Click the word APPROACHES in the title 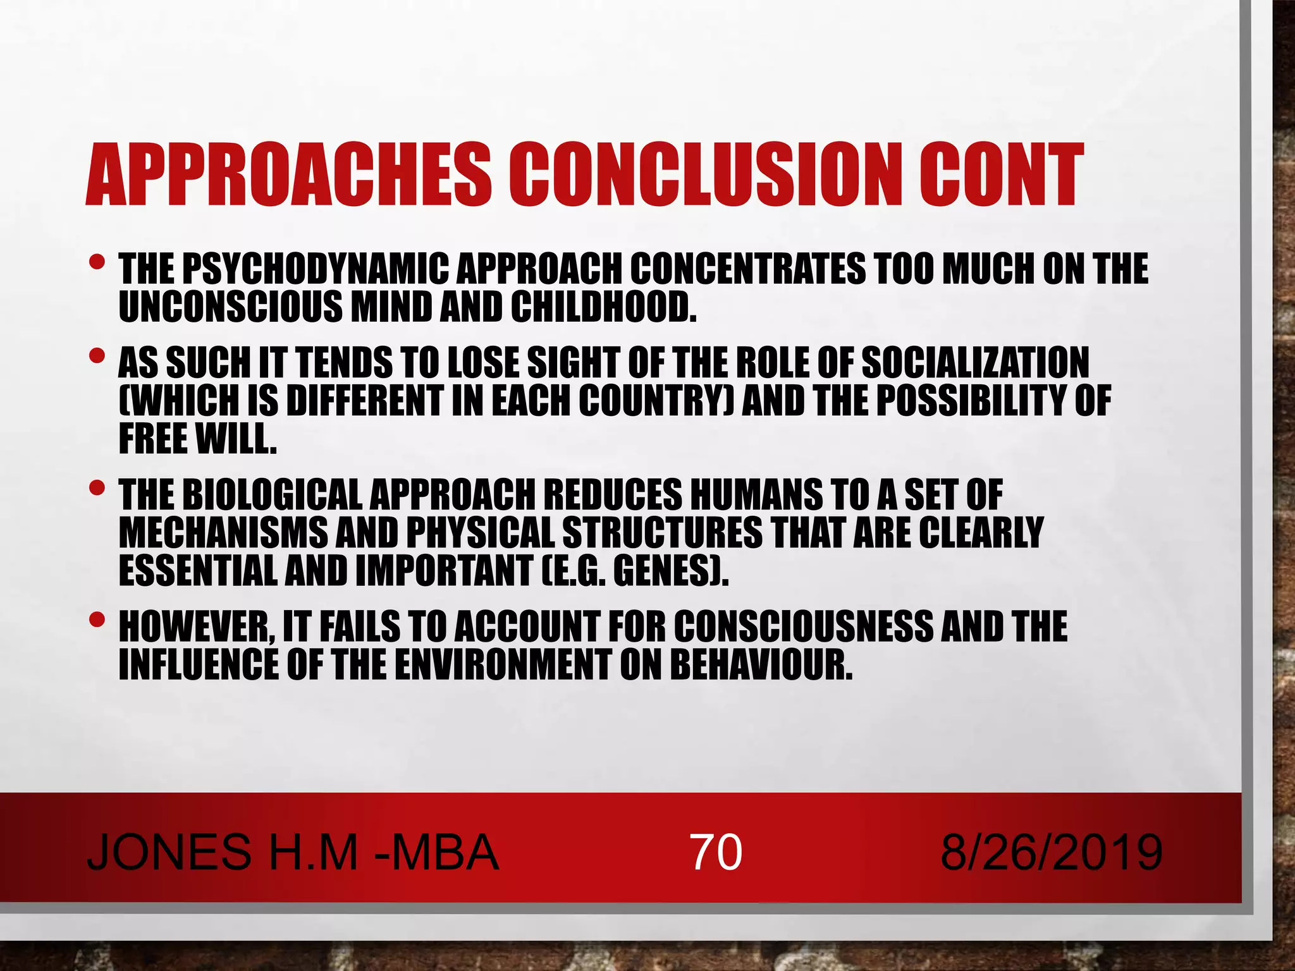[288, 174]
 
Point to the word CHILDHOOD [603, 307]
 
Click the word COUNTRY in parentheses [654, 401]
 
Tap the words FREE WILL [198, 439]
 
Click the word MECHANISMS [223, 532]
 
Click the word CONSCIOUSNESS [803, 626]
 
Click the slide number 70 [716, 852]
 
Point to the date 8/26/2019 [1051, 852]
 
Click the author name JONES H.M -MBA [293, 852]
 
